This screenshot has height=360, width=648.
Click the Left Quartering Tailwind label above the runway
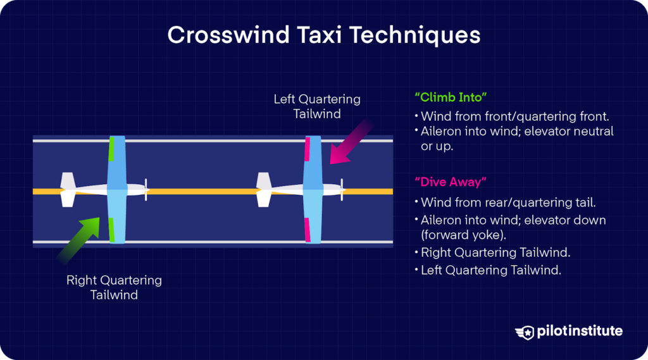click(x=317, y=106)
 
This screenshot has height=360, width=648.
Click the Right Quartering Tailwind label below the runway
click(x=114, y=287)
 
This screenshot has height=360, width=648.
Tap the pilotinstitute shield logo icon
click(x=525, y=332)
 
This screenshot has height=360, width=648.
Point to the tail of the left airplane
click(x=68, y=190)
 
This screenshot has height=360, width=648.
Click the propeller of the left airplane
click(x=146, y=190)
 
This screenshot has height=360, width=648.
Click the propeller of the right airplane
click(x=342, y=190)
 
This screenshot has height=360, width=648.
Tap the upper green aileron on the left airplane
click(x=111, y=149)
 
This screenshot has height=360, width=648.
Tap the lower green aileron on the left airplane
click(x=111, y=230)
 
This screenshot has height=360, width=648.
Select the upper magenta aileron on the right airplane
click(x=308, y=149)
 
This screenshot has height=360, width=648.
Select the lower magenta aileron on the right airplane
click(x=308, y=230)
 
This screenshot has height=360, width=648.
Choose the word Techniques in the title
click(x=414, y=35)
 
